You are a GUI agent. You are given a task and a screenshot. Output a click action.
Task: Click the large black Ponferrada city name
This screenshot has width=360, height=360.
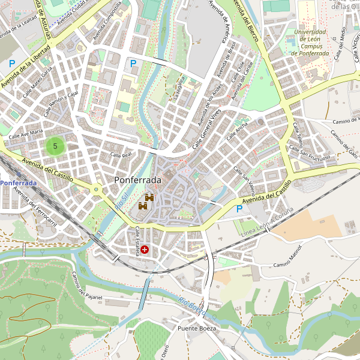(137, 180)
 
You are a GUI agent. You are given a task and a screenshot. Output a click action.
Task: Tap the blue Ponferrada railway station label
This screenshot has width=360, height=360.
(18, 182)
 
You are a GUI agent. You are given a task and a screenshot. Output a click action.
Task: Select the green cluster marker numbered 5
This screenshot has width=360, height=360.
(55, 146)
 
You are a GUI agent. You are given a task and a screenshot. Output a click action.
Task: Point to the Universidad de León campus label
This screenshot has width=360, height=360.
(310, 43)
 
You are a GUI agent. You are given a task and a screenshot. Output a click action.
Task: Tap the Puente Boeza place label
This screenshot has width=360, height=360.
(196, 329)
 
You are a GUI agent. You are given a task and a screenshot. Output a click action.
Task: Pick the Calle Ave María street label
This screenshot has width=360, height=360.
(26, 133)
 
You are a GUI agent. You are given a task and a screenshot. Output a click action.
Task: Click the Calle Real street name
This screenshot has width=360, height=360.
(121, 155)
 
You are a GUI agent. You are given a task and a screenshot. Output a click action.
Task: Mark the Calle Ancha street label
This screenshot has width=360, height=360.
(237, 131)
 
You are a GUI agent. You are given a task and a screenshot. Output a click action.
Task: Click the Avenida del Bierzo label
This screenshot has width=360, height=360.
(246, 20)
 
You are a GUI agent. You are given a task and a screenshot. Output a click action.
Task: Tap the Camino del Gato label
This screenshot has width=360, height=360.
(344, 143)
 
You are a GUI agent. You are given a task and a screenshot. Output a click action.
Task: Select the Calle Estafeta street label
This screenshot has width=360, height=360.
(137, 241)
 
